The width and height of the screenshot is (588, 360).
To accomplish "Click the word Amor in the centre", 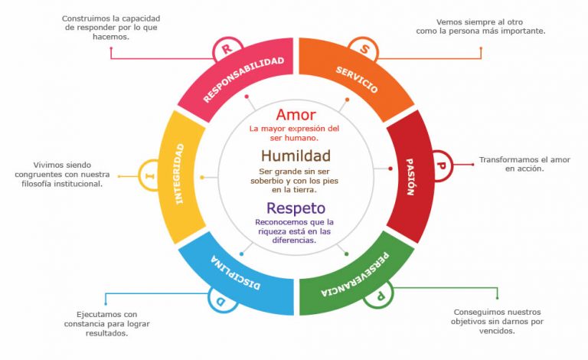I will click(x=296, y=116).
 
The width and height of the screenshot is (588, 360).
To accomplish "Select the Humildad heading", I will click(x=295, y=157).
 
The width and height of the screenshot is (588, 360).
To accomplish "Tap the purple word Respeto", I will click(x=296, y=208).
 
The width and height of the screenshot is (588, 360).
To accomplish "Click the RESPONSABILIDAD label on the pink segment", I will click(x=243, y=80).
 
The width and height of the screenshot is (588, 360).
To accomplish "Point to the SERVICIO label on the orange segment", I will click(x=356, y=80).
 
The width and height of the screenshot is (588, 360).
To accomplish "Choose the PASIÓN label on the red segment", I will click(x=409, y=178).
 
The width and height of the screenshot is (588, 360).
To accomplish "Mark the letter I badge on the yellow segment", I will click(x=149, y=175).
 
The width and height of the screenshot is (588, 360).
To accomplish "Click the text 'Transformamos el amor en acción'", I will click(x=524, y=164).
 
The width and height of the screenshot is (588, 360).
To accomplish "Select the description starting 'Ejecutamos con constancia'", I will click(x=106, y=324).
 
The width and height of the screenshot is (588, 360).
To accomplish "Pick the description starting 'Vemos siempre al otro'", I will click(x=491, y=27).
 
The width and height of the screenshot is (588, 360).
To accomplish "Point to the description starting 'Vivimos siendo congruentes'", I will click(x=67, y=175).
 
